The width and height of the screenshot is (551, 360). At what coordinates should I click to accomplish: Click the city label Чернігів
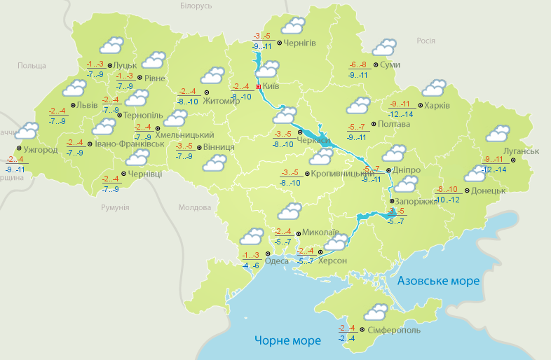[x=300, y=43]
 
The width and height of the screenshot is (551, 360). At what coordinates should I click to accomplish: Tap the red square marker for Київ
[x=258, y=87]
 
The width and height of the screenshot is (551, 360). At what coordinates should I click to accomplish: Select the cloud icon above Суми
[x=384, y=48]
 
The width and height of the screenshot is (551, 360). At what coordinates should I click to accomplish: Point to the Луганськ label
[x=520, y=151]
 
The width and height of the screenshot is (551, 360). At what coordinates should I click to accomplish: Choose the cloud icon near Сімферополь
[x=376, y=312]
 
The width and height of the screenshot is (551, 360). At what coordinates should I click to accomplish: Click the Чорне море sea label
[x=287, y=340]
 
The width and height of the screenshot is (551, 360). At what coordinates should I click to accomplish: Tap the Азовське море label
[x=438, y=280]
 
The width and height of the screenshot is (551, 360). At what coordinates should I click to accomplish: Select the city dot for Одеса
[x=267, y=254]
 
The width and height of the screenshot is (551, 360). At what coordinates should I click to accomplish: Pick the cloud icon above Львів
[x=74, y=88]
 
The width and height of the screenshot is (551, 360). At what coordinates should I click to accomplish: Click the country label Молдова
[x=194, y=208]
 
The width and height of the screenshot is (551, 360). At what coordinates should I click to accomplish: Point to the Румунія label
[x=115, y=208]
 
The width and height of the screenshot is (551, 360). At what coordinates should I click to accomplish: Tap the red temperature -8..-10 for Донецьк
[x=447, y=190]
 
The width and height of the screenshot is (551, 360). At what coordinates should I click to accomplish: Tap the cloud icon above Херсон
[x=336, y=242]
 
